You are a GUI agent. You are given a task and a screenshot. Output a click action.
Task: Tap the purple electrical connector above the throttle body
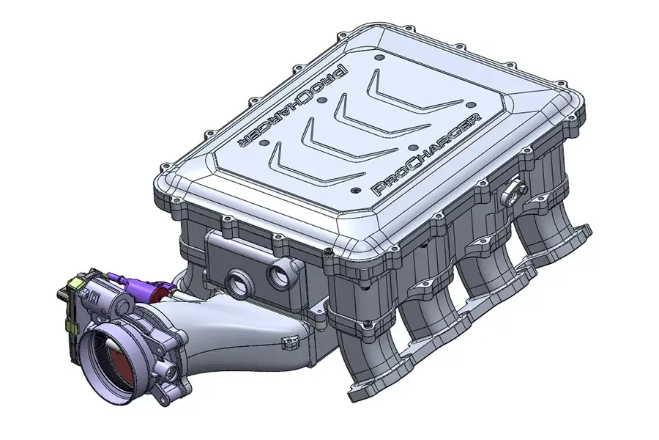pyautogui.click(x=128, y=282)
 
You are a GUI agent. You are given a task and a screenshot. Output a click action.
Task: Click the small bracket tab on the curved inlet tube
pyautogui.click(x=291, y=339)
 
